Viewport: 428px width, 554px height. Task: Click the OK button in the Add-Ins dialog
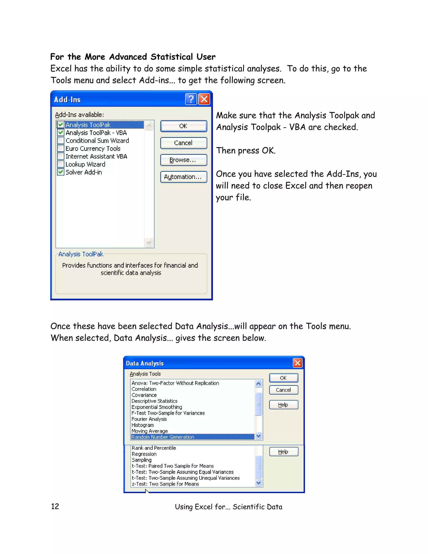pos(183,126)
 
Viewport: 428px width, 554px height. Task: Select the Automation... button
pos(183,177)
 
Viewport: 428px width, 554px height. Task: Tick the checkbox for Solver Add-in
pos(61,172)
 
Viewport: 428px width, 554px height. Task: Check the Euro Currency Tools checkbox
pos(61,148)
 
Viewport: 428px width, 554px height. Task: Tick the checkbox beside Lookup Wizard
pos(61,164)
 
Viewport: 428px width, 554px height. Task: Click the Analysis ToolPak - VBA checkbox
pos(61,132)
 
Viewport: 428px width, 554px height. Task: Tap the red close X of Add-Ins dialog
pos(204,99)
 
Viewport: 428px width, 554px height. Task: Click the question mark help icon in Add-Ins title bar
pos(191,99)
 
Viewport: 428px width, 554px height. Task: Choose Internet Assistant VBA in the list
pos(96,156)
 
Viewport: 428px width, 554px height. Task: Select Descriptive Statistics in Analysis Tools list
pos(154,401)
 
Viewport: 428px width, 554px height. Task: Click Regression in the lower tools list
pos(144,454)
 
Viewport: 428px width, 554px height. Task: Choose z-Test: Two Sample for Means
pos(165,484)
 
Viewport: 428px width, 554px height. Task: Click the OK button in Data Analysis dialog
pos(283,378)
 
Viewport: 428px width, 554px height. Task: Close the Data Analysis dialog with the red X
pos(298,363)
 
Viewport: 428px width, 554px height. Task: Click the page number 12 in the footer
pos(55,507)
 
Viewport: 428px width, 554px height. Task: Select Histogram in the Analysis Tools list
pos(143,425)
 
